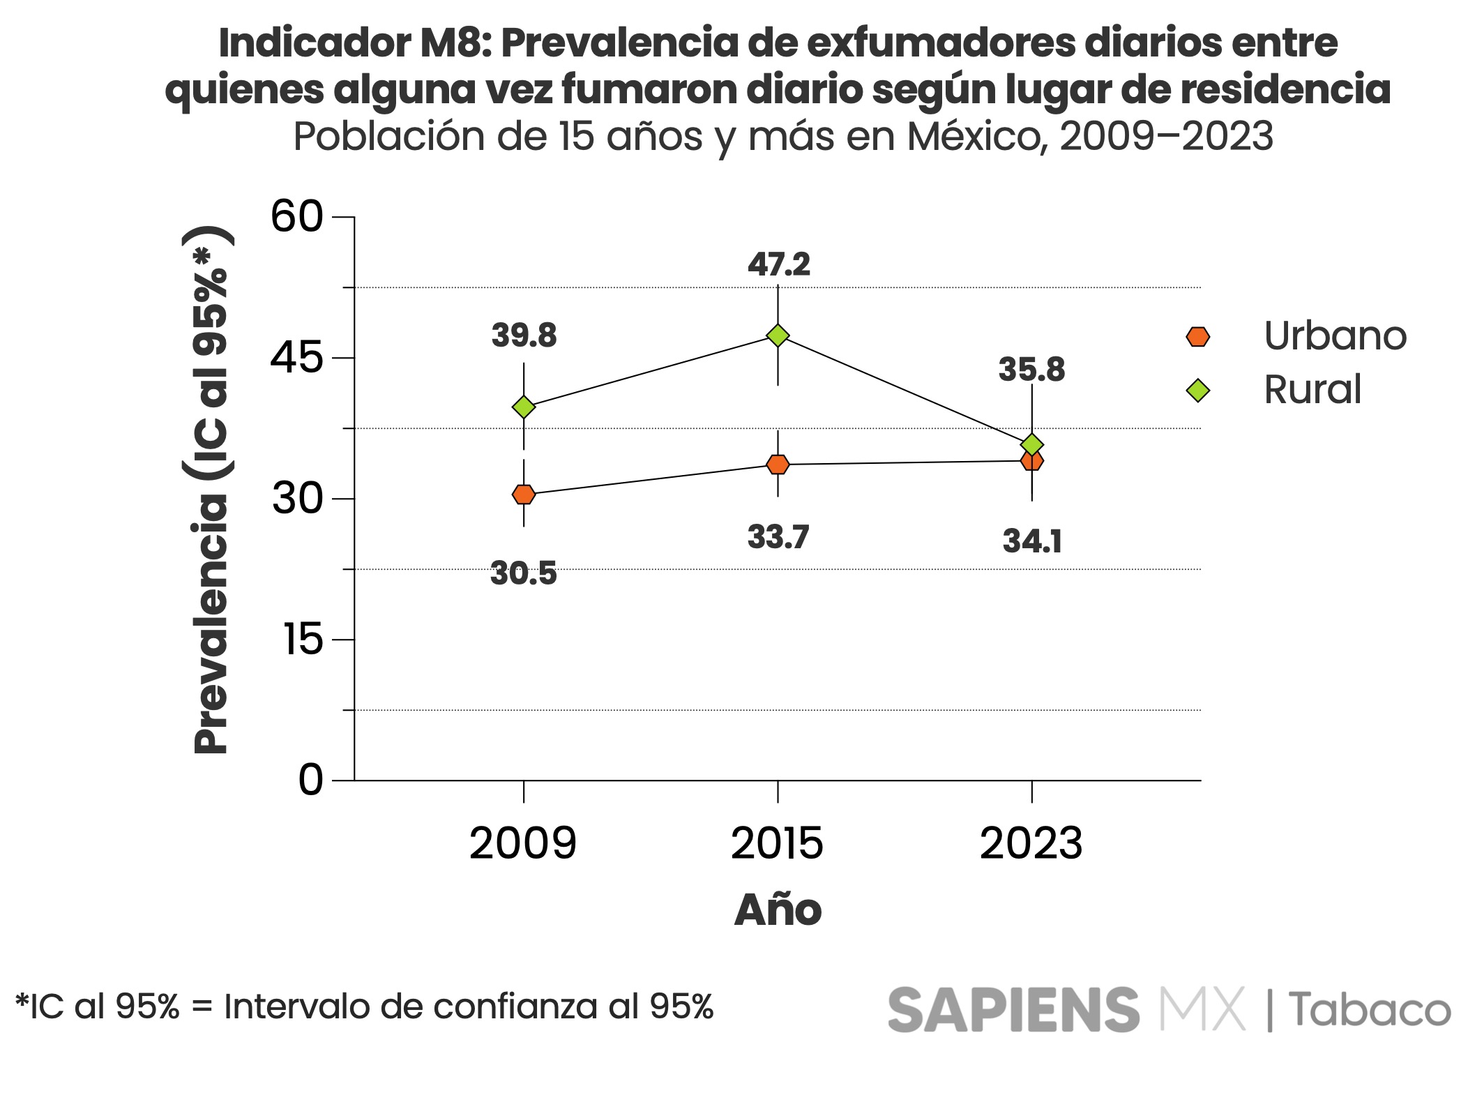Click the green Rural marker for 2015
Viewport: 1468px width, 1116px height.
point(778,335)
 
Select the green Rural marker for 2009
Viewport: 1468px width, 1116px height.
point(524,407)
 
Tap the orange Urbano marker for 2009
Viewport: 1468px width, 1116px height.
point(524,494)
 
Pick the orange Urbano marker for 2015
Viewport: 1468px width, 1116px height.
point(778,465)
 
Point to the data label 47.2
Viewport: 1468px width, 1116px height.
point(778,265)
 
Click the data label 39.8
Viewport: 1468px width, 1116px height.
point(524,335)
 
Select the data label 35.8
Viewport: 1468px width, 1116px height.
point(1031,370)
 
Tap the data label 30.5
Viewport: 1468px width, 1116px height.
point(524,573)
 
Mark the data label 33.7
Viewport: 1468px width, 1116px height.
point(778,537)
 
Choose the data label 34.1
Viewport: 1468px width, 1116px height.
point(1032,541)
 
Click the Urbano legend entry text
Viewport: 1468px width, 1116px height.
point(1335,336)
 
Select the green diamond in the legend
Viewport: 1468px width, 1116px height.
point(1197,390)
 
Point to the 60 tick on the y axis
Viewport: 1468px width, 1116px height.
point(297,217)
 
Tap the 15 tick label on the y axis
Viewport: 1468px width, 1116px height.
point(303,640)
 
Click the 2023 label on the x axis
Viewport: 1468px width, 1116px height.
point(1031,843)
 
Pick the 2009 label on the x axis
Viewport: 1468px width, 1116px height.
point(523,843)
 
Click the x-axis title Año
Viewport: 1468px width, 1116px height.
point(778,910)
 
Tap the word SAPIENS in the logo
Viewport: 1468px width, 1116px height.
point(1013,1009)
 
